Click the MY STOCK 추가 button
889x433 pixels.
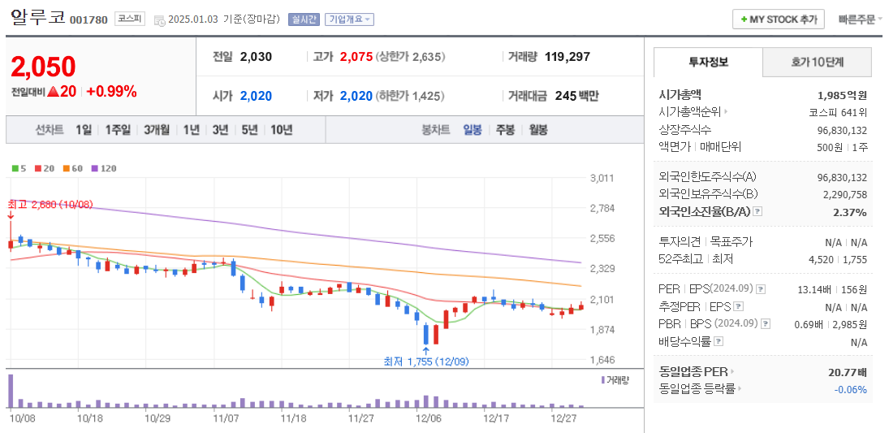click(779, 19)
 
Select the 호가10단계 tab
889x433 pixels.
click(817, 62)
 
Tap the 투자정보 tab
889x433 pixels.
click(708, 62)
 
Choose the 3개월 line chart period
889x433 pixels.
click(157, 129)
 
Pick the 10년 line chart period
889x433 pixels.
click(282, 129)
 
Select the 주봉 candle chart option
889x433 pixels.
click(505, 129)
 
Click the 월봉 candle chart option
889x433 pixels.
click(538, 129)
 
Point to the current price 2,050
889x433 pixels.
click(43, 67)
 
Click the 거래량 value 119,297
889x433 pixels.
click(567, 57)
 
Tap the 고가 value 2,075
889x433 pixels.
click(356, 57)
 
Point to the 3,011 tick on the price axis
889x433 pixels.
click(602, 178)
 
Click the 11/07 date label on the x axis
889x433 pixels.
click(226, 418)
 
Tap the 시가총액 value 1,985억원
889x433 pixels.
click(842, 94)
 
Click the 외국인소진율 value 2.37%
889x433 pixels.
click(849, 212)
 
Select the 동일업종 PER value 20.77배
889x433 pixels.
click(846, 371)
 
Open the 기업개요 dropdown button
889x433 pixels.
click(349, 19)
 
